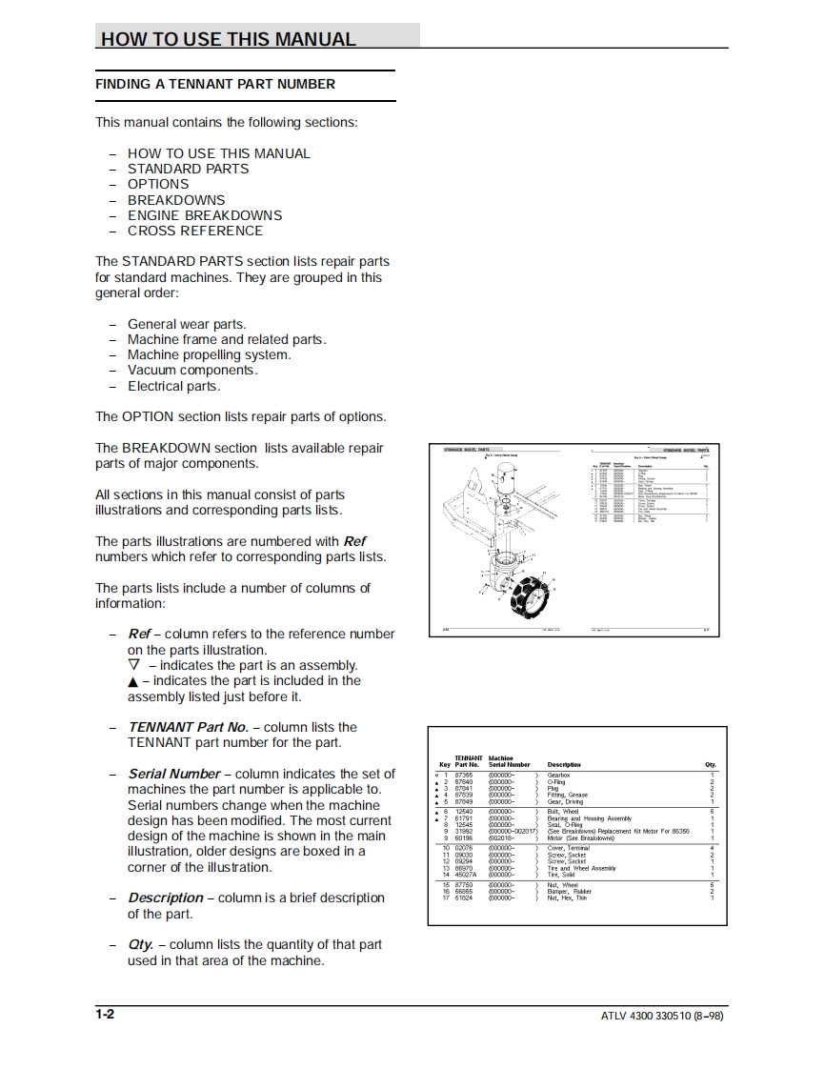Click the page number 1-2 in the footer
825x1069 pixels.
coord(105,1014)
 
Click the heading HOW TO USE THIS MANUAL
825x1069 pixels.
coord(229,39)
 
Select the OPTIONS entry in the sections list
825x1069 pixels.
coord(158,184)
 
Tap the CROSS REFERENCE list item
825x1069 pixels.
coord(195,231)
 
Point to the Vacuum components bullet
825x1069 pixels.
coord(192,370)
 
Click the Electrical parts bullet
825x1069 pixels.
coord(173,386)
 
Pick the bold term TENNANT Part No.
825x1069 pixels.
coord(188,727)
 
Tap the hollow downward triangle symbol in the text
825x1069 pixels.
coord(133,665)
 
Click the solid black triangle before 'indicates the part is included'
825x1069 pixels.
coord(133,681)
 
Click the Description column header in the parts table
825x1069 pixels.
coord(563,764)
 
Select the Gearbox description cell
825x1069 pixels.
coord(558,776)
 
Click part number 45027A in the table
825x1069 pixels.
coord(466,875)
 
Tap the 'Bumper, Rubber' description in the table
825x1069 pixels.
coord(569,892)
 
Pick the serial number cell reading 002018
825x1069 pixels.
coord(501,837)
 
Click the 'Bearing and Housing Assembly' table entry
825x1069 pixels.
coord(589,818)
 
